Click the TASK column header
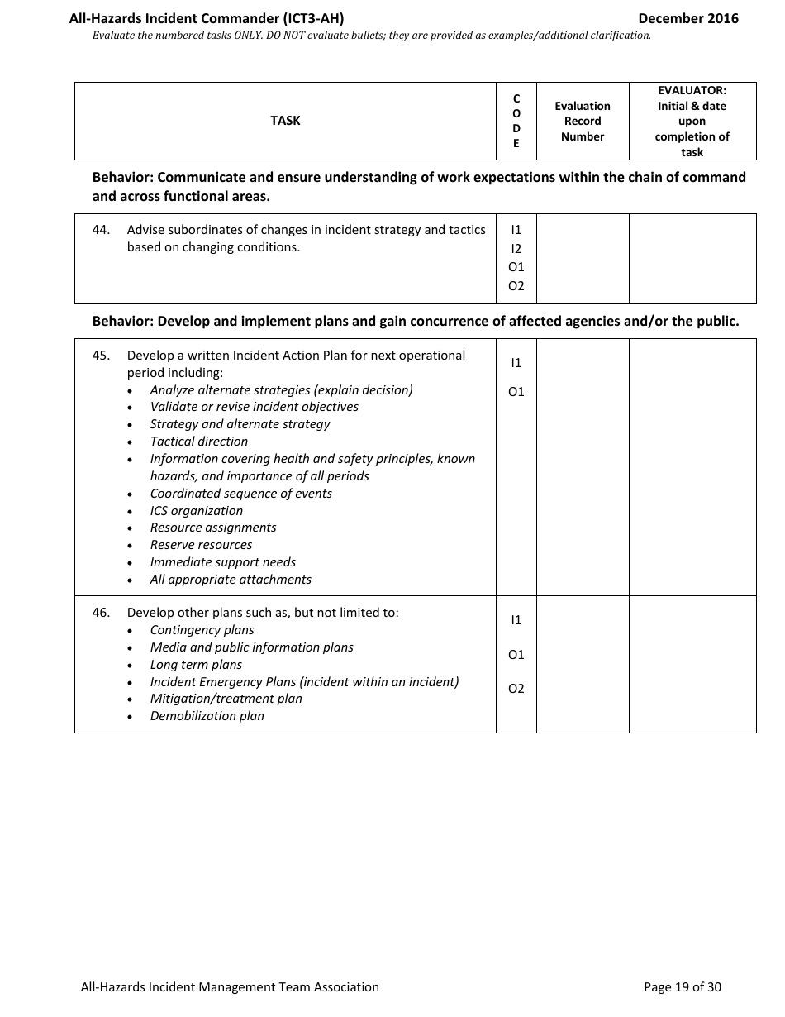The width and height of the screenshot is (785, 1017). pyautogui.click(x=285, y=121)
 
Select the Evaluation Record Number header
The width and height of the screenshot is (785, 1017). pyautogui.click(x=583, y=122)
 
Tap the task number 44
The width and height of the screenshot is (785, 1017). pyautogui.click(x=101, y=230)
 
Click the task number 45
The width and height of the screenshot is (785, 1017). pyautogui.click(x=101, y=356)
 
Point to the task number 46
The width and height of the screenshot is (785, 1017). pyautogui.click(x=101, y=613)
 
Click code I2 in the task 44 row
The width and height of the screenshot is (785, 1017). pyautogui.click(x=516, y=249)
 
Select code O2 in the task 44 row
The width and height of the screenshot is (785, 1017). pyautogui.click(x=516, y=286)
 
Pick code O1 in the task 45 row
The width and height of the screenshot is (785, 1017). pyautogui.click(x=516, y=392)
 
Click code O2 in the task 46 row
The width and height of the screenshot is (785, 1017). pyautogui.click(x=516, y=689)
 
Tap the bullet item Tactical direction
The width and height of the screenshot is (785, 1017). pyautogui.click(x=199, y=442)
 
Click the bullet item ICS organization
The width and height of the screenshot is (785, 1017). pyautogui.click(x=197, y=511)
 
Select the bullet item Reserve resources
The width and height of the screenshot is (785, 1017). pyautogui.click(x=201, y=545)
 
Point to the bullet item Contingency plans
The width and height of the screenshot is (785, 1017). pyautogui.click(x=202, y=630)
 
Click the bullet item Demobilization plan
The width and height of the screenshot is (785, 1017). pyautogui.click(x=207, y=716)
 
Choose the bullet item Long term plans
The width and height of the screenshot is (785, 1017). pyautogui.click(x=196, y=665)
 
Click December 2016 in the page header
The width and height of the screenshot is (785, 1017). pyautogui.click(x=688, y=18)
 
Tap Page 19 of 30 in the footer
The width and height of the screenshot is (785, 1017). pyautogui.click(x=683, y=986)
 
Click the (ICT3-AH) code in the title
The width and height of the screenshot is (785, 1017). pyautogui.click(x=310, y=18)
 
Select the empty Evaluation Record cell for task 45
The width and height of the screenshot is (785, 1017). pyautogui.click(x=583, y=467)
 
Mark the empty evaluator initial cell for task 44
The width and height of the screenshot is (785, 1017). pyautogui.click(x=692, y=259)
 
